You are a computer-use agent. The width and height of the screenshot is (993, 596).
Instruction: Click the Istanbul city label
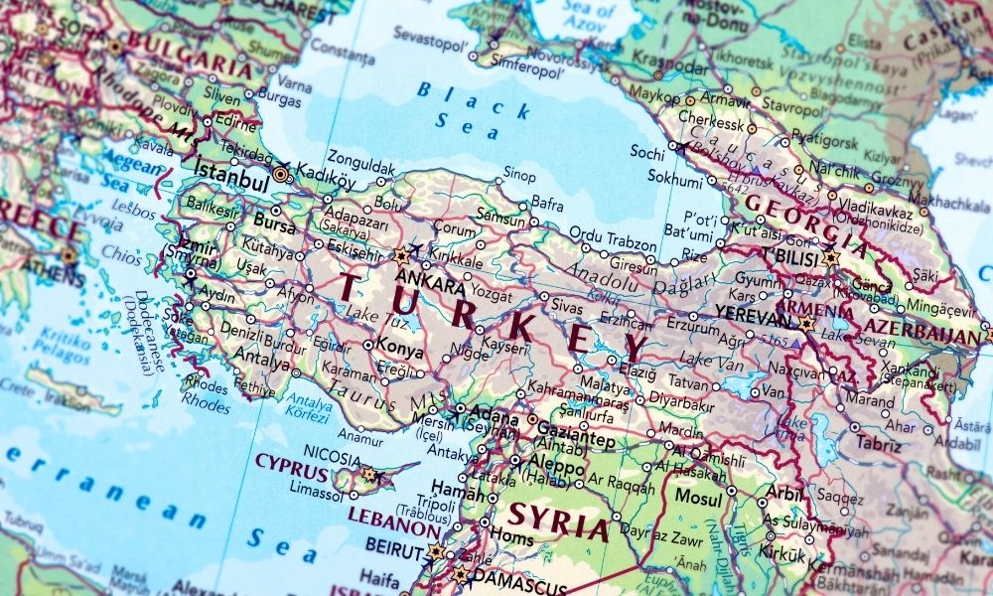point(233,184)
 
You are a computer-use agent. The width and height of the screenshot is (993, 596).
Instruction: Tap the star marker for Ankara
point(401,255)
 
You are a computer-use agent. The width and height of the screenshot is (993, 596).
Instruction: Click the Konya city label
point(401,351)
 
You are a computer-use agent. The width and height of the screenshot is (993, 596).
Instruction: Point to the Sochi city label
point(647,152)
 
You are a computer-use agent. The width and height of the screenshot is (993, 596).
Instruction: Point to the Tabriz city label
point(879,445)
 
